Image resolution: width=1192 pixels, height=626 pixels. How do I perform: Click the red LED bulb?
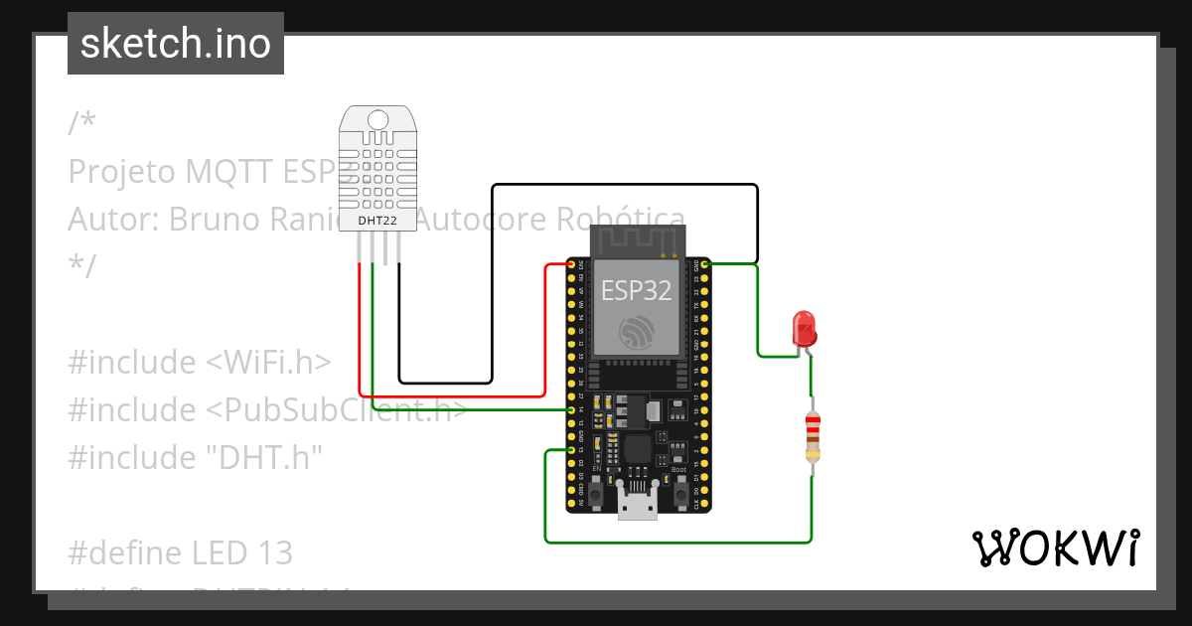pos(804,327)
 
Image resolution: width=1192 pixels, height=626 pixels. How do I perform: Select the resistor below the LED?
pos(813,437)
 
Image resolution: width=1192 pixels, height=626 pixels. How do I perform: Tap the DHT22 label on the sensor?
pos(377,219)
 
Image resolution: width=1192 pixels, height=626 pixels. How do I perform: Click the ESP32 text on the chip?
pos(636,290)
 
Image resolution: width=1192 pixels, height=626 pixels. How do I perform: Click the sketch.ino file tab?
pos(176,44)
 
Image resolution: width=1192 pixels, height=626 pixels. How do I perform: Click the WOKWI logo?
pos(1055,548)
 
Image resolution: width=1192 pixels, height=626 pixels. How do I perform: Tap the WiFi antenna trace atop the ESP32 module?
pos(637,239)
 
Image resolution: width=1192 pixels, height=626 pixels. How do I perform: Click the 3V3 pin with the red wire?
pos(572,264)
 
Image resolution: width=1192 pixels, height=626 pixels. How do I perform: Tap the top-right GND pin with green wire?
pos(705,264)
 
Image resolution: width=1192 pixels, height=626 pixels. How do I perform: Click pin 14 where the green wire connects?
pos(572,409)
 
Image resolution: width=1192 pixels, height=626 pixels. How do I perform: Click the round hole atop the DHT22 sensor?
pos(377,121)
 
